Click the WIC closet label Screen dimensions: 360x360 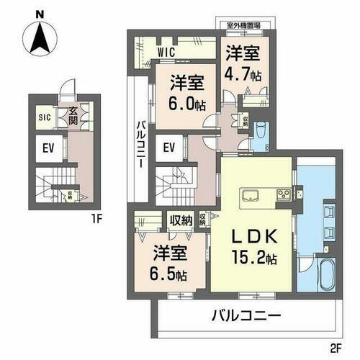coord(167,52)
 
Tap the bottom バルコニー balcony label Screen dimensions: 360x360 coord(245,315)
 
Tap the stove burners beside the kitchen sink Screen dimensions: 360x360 coord(282,194)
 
